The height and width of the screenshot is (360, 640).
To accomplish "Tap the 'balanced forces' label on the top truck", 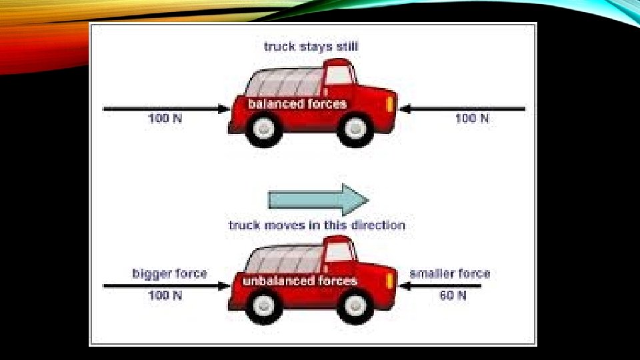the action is point(297,104).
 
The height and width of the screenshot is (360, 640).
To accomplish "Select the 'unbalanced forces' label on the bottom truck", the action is point(300,281).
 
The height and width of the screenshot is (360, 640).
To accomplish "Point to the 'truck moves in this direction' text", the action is point(317,225).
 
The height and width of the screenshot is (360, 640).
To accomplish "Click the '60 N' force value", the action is point(453,295).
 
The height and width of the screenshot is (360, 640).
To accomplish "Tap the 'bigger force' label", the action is point(169,273).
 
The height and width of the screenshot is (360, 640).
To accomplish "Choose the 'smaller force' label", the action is point(449,273).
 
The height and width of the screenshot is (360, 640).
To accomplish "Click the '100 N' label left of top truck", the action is point(165,118).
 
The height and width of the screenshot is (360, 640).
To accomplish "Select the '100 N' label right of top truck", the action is point(472,118).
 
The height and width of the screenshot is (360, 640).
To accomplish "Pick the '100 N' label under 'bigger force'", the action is point(165,295).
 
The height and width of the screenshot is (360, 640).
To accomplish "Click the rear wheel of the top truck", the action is point(265,128).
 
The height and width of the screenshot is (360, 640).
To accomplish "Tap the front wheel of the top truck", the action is point(354,128).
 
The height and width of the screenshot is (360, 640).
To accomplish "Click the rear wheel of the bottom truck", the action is point(265,305).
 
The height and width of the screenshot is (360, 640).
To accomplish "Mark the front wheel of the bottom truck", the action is point(354,305).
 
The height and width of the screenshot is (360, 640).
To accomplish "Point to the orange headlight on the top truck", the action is point(389,103).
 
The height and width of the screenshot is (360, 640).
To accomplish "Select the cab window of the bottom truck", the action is point(339,252).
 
